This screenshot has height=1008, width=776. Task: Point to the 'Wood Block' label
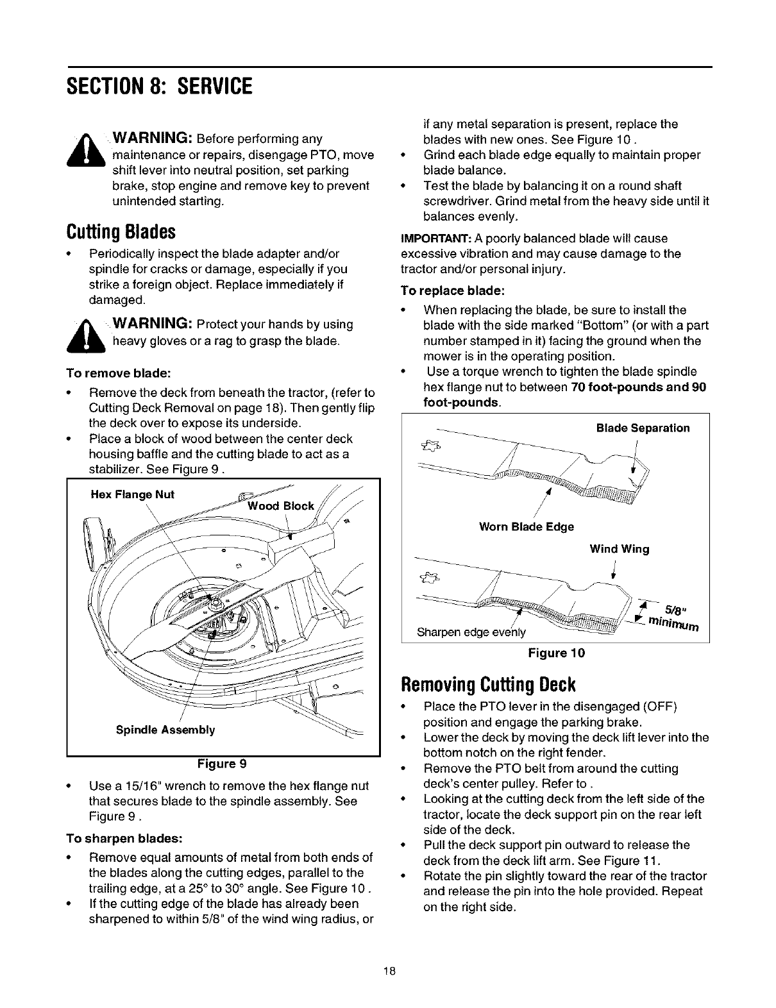coord(281,506)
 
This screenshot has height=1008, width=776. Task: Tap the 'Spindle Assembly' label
coord(165,730)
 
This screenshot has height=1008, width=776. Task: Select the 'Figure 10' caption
coord(556,653)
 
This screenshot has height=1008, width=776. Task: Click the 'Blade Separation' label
coord(643,428)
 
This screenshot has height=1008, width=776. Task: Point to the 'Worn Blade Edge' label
coord(527,526)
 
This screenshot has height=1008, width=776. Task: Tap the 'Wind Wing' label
coord(619,549)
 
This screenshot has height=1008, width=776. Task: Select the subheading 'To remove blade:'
coord(119,373)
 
